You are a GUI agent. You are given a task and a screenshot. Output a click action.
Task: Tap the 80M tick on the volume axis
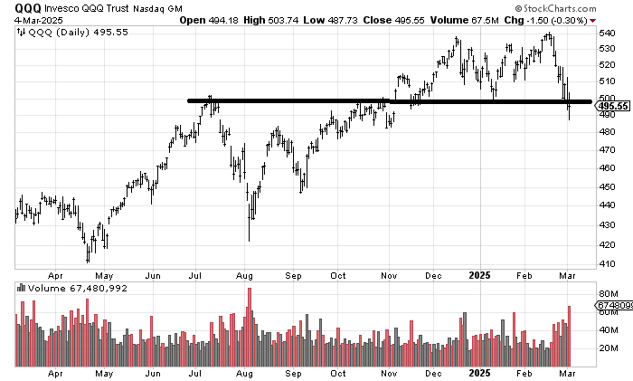coord(607,293)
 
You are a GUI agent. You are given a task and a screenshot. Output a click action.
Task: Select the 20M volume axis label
coord(607,348)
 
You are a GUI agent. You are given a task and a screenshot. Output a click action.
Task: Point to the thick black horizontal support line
coord(362,100)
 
